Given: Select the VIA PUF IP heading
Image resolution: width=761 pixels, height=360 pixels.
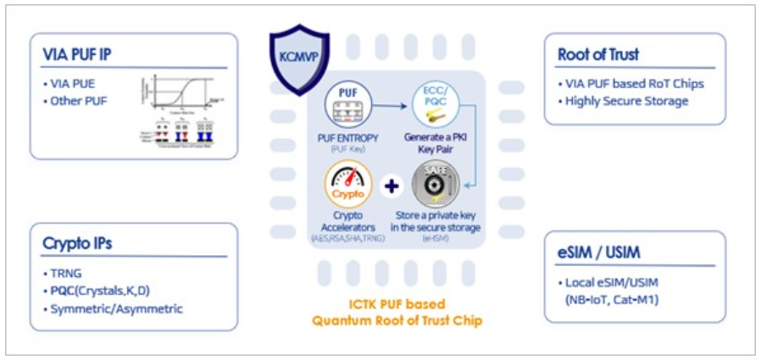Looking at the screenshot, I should pos(77,56).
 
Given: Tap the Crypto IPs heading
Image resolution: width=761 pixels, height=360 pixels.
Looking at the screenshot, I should pos(77,244).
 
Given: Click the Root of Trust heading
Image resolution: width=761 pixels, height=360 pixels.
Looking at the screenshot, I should pos(598,55).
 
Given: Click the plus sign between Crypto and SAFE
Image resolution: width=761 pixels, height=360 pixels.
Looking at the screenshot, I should pos(392,186).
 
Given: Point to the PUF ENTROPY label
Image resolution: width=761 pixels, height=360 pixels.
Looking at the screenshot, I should pos(349,138).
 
